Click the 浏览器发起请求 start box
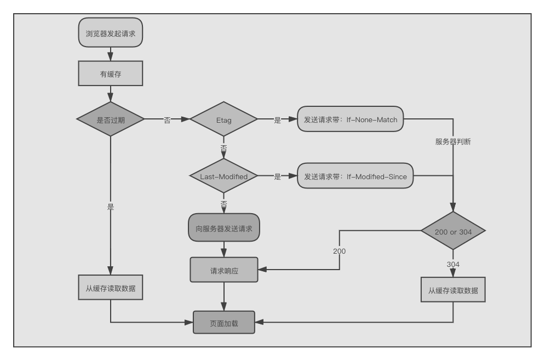111,33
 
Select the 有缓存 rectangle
111,73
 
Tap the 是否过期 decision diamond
111,119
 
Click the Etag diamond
223,119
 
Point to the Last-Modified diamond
223,176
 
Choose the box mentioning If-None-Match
351,119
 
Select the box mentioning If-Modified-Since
355,176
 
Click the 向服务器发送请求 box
224,228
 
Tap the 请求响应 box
224,270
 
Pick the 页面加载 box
224,322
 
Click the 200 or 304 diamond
453,231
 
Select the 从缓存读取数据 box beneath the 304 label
453,290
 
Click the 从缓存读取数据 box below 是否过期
111,288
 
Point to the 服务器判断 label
453,141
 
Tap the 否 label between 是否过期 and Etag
167,120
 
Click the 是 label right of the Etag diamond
277,120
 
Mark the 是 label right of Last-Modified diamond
277,177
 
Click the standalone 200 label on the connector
339,251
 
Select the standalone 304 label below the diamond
453,264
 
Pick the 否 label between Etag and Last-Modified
223,148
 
